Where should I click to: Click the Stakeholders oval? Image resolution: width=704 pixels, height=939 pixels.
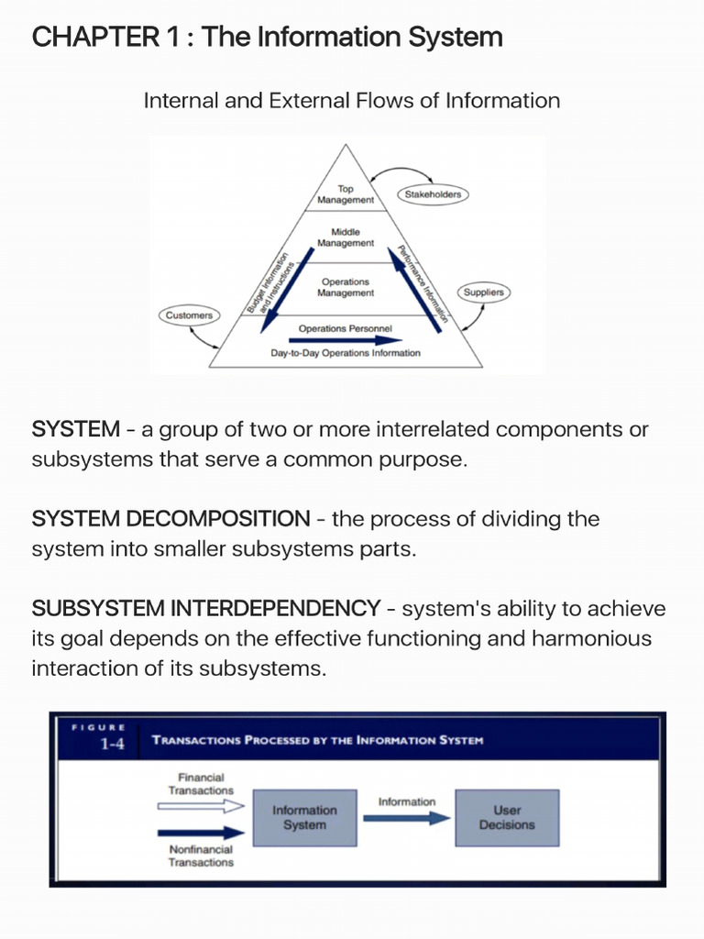[x=433, y=194]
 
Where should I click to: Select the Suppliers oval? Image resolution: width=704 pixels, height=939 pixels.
[x=483, y=292]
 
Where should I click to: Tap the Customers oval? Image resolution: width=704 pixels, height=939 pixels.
[x=189, y=315]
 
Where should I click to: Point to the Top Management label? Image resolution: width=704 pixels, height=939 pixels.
[x=346, y=194]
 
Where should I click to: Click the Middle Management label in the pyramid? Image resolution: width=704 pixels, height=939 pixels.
[x=346, y=238]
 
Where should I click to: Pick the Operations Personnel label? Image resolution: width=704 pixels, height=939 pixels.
[x=346, y=327]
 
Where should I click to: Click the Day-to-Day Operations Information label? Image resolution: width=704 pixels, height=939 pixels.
[x=346, y=353]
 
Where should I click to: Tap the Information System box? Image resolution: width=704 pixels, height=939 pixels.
[x=304, y=817]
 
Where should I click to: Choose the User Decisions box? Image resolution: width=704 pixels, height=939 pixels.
[x=507, y=817]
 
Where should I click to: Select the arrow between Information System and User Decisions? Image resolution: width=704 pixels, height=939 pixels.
[x=407, y=818]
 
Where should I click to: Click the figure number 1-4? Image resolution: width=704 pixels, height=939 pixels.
[x=113, y=745]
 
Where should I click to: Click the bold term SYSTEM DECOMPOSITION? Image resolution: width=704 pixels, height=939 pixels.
[x=170, y=519]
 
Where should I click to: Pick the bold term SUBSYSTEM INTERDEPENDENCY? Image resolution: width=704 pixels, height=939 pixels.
[x=205, y=608]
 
